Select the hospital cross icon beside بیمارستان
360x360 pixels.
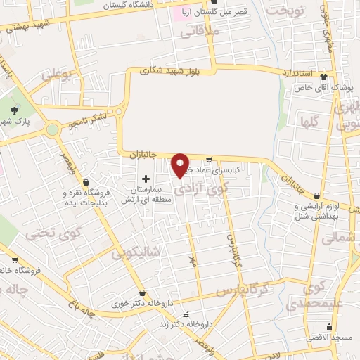tap(146, 179)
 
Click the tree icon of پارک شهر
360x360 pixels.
tap(13, 110)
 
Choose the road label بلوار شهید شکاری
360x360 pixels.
tap(169, 70)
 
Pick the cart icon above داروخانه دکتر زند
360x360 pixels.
tap(186, 314)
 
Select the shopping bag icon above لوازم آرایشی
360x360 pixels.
tap(316, 195)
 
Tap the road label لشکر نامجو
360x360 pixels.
tap(90, 120)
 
